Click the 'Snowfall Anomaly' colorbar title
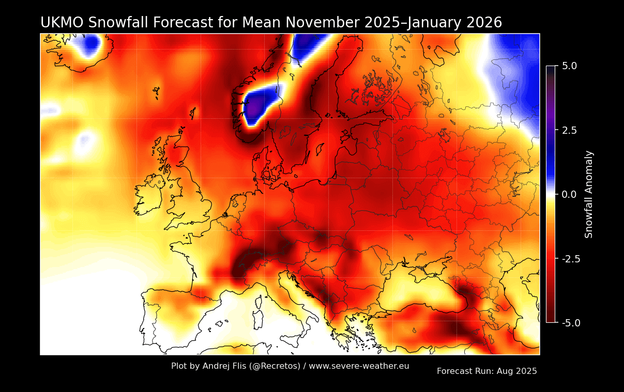click(589, 194)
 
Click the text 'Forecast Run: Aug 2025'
click(486, 371)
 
